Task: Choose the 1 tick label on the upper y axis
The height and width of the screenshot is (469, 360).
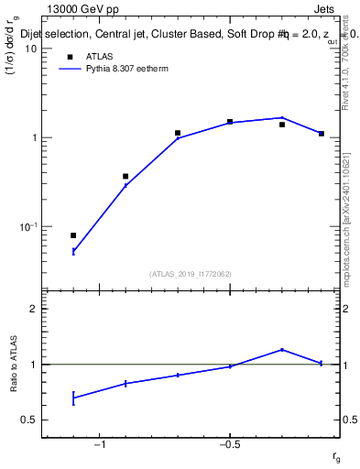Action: point(34,137)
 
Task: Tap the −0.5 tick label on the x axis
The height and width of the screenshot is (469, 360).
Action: point(229,446)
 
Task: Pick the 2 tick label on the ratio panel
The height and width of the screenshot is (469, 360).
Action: point(34,310)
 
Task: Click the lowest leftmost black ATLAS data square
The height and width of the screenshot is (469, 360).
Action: point(73,235)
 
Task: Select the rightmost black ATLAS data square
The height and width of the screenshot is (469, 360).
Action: point(322,134)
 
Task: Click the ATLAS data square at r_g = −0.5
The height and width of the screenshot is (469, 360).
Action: point(230,122)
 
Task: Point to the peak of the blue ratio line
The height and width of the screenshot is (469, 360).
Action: point(282,349)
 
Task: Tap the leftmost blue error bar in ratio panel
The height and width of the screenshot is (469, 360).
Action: point(73,398)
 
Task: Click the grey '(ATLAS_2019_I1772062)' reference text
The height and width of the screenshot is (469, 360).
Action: point(191,273)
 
